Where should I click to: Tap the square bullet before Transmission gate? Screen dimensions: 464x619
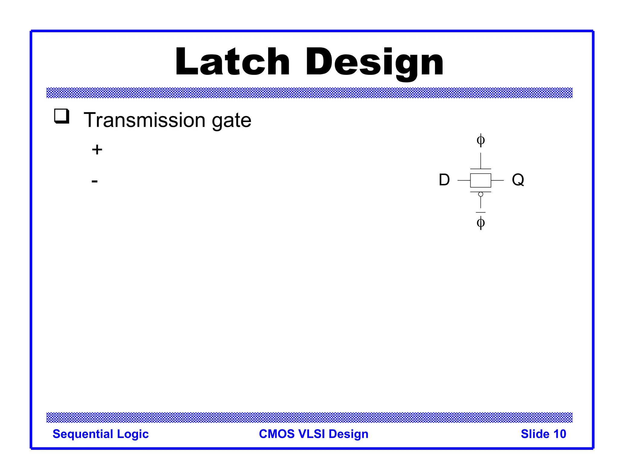[x=62, y=116]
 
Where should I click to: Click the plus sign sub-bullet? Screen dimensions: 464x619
[x=97, y=150]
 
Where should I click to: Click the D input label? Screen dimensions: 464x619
[x=444, y=180]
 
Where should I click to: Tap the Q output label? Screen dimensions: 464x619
[x=518, y=180]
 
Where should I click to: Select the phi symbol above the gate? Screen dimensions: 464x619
[x=481, y=140]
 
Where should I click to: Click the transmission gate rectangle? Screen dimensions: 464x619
[x=481, y=180]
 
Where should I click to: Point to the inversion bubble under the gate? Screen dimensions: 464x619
[x=481, y=194]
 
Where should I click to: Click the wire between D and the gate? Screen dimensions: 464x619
[x=464, y=180]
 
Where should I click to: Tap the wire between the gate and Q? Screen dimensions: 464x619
[x=497, y=180]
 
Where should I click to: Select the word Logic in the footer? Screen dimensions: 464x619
[x=133, y=434]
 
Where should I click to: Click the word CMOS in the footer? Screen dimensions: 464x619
[x=277, y=434]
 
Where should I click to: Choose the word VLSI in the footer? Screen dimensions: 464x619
[x=312, y=434]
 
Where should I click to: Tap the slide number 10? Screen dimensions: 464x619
[x=559, y=434]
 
